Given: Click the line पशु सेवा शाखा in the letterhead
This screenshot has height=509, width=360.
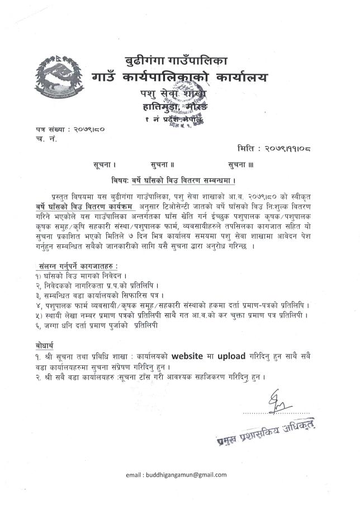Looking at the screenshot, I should coord(174,92).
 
